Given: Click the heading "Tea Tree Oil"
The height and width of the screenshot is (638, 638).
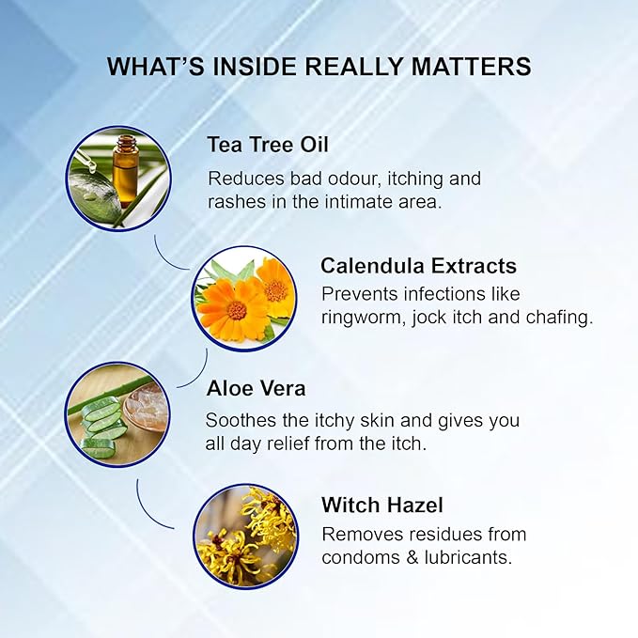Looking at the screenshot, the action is click(x=268, y=145).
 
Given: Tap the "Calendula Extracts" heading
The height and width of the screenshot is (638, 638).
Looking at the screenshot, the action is click(x=419, y=266).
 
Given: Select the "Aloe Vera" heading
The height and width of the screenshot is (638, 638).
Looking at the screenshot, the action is click(x=256, y=388).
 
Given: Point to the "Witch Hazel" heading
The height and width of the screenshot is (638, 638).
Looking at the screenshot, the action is click(x=382, y=505).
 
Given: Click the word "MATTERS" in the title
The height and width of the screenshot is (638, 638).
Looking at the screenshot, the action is click(x=471, y=67).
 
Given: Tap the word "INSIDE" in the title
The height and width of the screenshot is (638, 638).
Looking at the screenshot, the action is click(x=255, y=67).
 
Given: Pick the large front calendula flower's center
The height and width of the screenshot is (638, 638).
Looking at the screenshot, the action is click(x=237, y=310).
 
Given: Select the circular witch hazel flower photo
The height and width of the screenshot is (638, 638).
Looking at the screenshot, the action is click(x=246, y=537).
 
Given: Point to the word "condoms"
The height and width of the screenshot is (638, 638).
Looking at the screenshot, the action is click(x=360, y=557).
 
